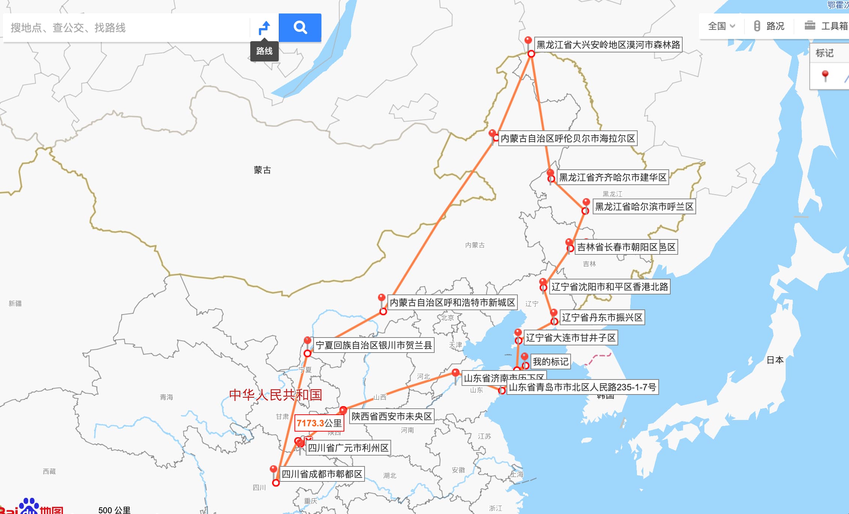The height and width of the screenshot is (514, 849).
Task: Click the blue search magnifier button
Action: pyautogui.click(x=300, y=27)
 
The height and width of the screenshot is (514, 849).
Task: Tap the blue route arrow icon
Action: pyautogui.click(x=265, y=27)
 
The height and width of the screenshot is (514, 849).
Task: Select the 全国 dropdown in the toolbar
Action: pyautogui.click(x=721, y=26)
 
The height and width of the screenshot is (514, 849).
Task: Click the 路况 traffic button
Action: pyautogui.click(x=769, y=26)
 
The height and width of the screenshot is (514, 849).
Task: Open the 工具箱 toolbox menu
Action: pyautogui.click(x=826, y=26)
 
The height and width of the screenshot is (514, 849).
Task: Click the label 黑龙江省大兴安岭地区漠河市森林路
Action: pyautogui.click(x=608, y=45)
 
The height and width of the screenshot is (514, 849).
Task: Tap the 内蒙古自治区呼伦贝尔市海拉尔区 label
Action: pyautogui.click(x=568, y=139)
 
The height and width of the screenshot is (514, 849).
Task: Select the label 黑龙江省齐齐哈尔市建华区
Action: pyautogui.click(x=613, y=177)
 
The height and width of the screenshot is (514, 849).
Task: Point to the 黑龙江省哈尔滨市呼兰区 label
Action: pyautogui.click(x=644, y=207)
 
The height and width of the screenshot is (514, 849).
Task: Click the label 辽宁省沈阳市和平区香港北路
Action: pyautogui.click(x=610, y=287)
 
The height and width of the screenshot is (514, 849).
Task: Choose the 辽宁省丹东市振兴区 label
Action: pyautogui.click(x=602, y=318)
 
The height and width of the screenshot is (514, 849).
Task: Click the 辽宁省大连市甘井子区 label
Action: pyautogui.click(x=571, y=338)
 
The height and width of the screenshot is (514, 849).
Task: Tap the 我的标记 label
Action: pyautogui.click(x=550, y=362)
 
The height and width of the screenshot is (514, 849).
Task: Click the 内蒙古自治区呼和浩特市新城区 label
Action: pyautogui.click(x=452, y=303)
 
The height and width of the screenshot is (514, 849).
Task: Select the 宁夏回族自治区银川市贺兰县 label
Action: pyautogui.click(x=374, y=345)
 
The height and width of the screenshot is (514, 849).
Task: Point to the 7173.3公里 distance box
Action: pyautogui.click(x=319, y=423)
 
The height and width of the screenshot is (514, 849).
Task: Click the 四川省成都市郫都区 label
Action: pyautogui.click(x=322, y=474)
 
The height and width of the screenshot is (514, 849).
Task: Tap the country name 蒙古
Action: pyautogui.click(x=262, y=170)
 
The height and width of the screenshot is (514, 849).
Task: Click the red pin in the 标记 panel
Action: pyautogui.click(x=825, y=75)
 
